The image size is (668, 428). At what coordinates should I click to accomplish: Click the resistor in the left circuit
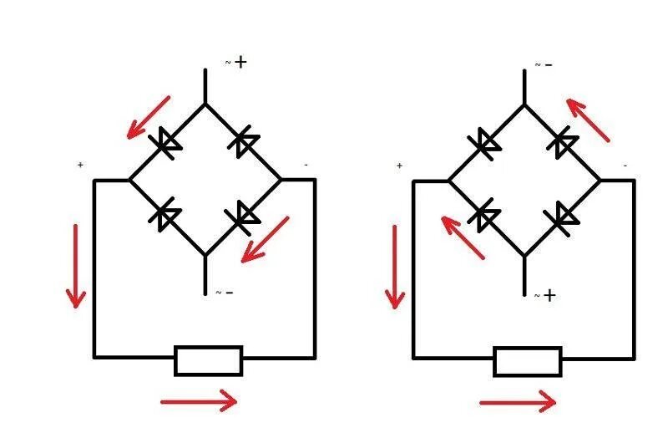click(x=209, y=361)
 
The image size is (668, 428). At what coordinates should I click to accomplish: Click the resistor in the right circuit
click(x=528, y=361)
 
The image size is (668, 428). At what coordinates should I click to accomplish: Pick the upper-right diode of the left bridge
click(x=244, y=143)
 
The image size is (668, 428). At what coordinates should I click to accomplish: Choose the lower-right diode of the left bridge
click(x=244, y=217)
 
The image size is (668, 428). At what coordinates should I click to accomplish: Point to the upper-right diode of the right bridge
click(x=563, y=143)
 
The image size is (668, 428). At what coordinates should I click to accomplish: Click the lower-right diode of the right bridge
click(x=563, y=217)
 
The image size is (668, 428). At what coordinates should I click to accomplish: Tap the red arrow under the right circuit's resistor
click(x=518, y=402)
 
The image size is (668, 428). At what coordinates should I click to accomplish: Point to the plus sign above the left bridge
click(x=241, y=62)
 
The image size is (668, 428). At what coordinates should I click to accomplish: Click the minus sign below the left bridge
click(x=229, y=293)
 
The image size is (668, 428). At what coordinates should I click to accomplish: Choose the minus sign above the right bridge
click(x=549, y=64)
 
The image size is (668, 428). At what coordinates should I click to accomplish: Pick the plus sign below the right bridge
click(x=549, y=294)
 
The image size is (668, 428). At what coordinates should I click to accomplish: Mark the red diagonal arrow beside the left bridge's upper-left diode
click(x=148, y=117)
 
